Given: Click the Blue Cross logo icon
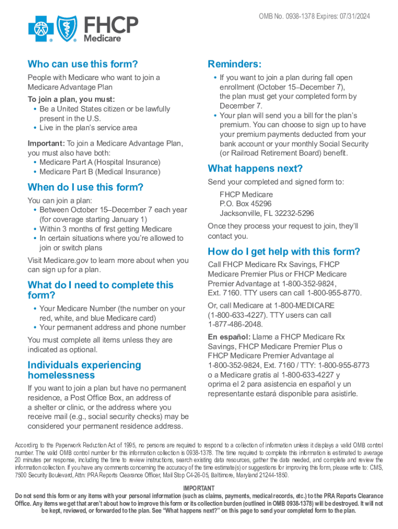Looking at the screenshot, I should pos(41,28).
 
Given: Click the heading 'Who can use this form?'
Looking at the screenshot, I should pos(83,64).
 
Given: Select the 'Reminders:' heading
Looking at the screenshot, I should pos(235,64).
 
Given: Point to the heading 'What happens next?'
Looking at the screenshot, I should pos(255,168).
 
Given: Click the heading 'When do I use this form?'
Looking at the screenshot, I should pos(85,187).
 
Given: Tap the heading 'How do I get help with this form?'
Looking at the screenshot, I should pos(284,252).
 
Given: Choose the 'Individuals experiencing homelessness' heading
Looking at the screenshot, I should pos(84,370).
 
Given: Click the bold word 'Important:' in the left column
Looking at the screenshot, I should pos(46,143).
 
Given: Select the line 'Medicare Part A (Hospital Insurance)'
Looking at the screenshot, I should pos(100,162).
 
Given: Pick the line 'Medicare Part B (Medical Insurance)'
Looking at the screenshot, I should pos(100,172).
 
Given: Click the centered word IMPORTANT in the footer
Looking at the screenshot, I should pos(199,488).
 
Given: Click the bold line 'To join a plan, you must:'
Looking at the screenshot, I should pos(71,99).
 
